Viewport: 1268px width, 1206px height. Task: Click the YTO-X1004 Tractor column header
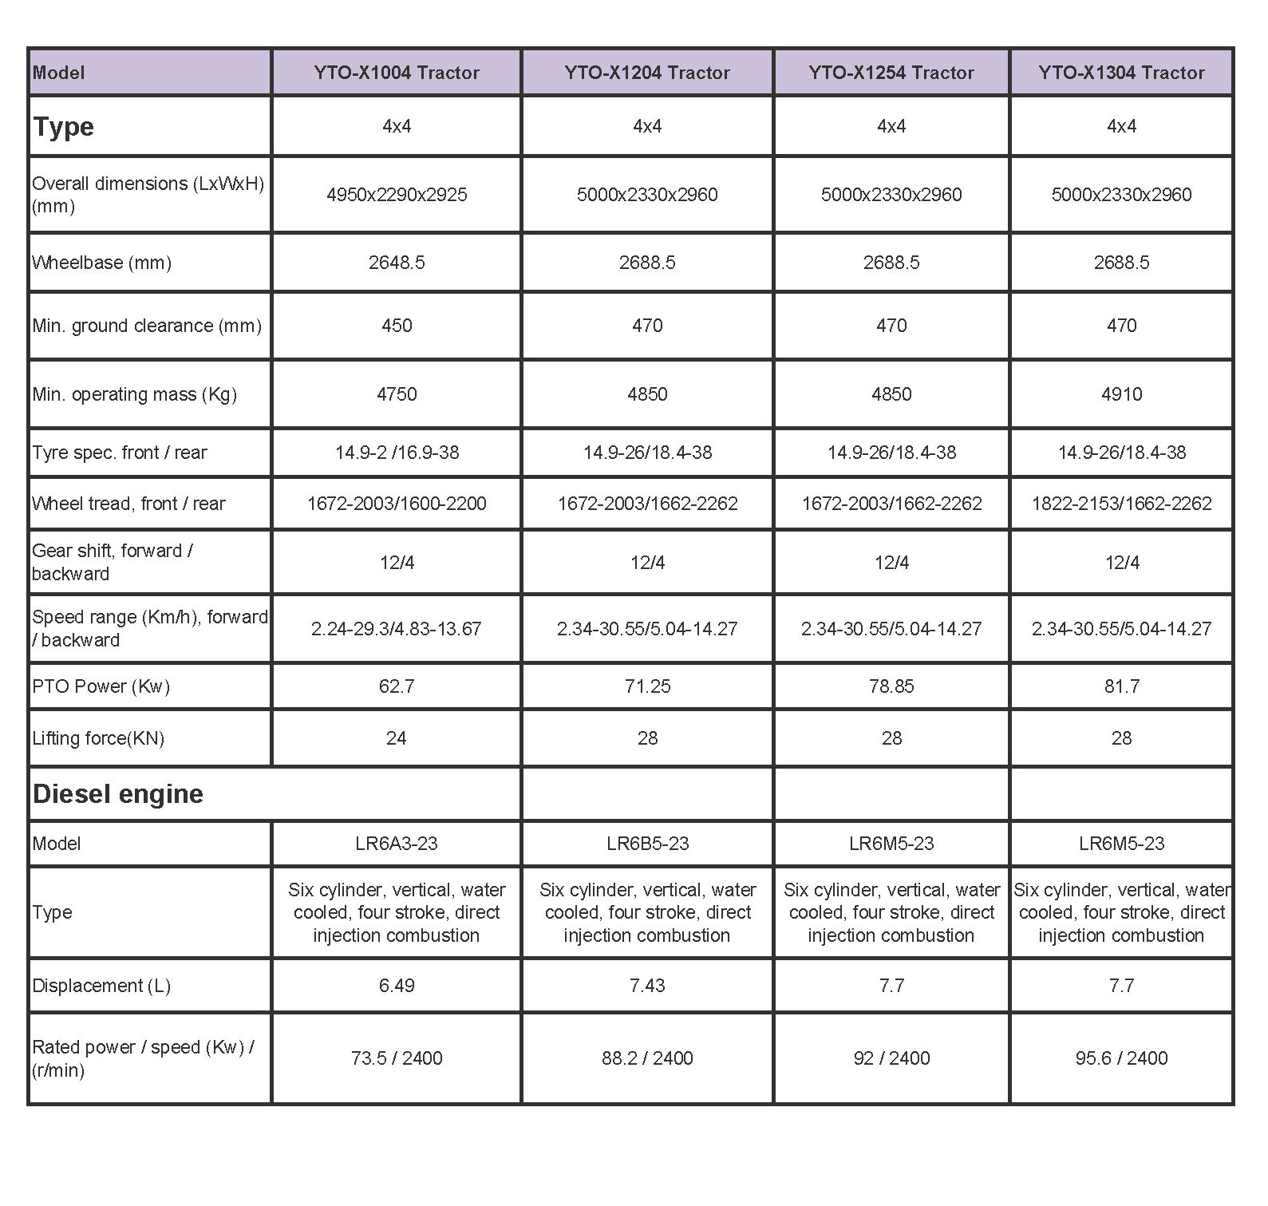pyautogui.click(x=396, y=73)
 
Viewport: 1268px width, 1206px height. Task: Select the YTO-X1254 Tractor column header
pyautogui.click(x=891, y=73)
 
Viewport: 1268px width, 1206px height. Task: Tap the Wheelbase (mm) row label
pyautogui.click(x=101, y=263)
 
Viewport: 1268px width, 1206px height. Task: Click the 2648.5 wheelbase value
pyautogui.click(x=396, y=263)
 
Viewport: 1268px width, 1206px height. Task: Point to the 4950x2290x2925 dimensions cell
pyautogui.click(x=396, y=195)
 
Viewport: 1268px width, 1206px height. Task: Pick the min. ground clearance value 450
pyautogui.click(x=396, y=326)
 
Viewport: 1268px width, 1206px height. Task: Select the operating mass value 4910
pyautogui.click(x=1121, y=394)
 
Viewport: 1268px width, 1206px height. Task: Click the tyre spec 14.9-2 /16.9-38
pyautogui.click(x=396, y=453)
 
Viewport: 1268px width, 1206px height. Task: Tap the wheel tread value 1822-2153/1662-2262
pyautogui.click(x=1121, y=504)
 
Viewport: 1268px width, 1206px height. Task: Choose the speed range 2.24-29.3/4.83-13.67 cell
pyautogui.click(x=396, y=629)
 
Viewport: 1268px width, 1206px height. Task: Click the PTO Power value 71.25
pyautogui.click(x=647, y=686)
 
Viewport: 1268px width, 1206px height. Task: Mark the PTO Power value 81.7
pyautogui.click(x=1121, y=686)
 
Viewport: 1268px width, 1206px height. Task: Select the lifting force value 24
pyautogui.click(x=396, y=738)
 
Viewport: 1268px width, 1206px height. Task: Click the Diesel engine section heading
pyautogui.click(x=118, y=794)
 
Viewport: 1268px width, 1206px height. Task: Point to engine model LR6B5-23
pyautogui.click(x=647, y=844)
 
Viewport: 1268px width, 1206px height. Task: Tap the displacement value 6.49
pyautogui.click(x=396, y=986)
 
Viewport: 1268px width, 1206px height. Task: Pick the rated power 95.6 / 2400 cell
pyautogui.click(x=1121, y=1058)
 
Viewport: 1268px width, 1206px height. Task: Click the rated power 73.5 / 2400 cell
pyautogui.click(x=396, y=1058)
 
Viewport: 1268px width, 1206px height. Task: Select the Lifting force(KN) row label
pyautogui.click(x=98, y=738)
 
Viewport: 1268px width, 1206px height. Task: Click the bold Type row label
pyautogui.click(x=63, y=127)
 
